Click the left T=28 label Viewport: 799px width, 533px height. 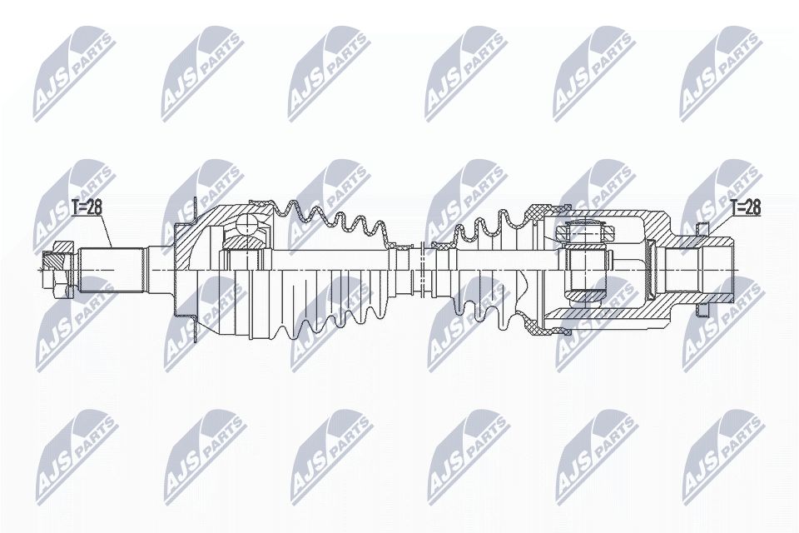click(86, 208)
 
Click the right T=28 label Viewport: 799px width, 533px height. click(744, 208)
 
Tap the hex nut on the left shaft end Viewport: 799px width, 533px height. click(56, 268)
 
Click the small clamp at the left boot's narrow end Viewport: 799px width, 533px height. click(403, 249)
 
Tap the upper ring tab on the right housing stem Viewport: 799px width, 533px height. click(701, 228)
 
